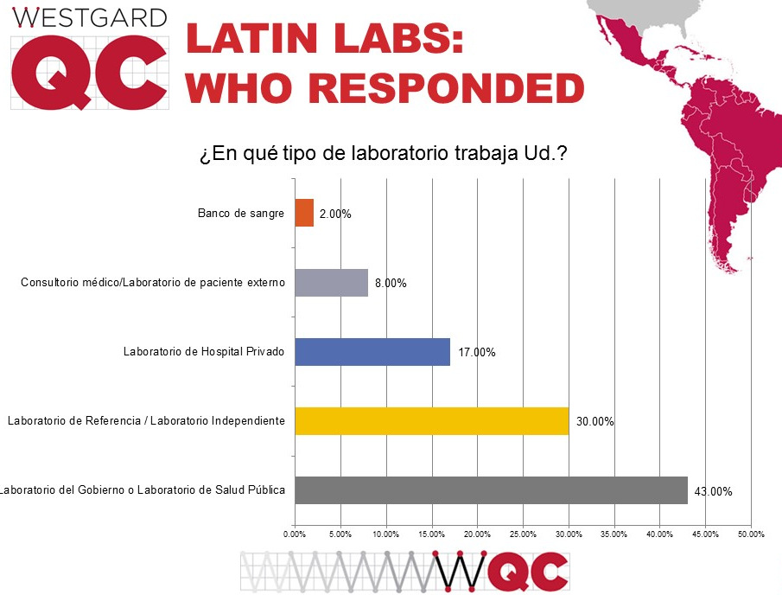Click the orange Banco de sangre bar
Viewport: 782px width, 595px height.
(304, 213)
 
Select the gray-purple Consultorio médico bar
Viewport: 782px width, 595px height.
(332, 283)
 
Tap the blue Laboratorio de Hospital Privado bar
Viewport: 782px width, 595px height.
(372, 352)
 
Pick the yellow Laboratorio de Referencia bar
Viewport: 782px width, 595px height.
(431, 421)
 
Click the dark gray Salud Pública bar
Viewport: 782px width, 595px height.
(491, 490)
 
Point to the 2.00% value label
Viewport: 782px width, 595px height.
(335, 214)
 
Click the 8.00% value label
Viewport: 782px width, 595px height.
(391, 284)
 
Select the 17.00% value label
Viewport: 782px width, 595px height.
(478, 353)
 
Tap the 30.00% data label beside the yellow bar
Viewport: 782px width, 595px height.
(595, 422)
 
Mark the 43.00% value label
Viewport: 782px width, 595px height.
(714, 491)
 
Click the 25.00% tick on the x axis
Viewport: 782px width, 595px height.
(523, 534)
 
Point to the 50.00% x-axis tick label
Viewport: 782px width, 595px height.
(750, 534)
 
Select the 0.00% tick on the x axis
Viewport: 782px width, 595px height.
(296, 534)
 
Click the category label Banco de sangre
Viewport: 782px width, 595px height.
(240, 213)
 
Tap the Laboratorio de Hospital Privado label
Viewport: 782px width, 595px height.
(203, 352)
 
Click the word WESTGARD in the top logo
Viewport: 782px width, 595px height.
(90, 16)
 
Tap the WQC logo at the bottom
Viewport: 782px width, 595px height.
(501, 571)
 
